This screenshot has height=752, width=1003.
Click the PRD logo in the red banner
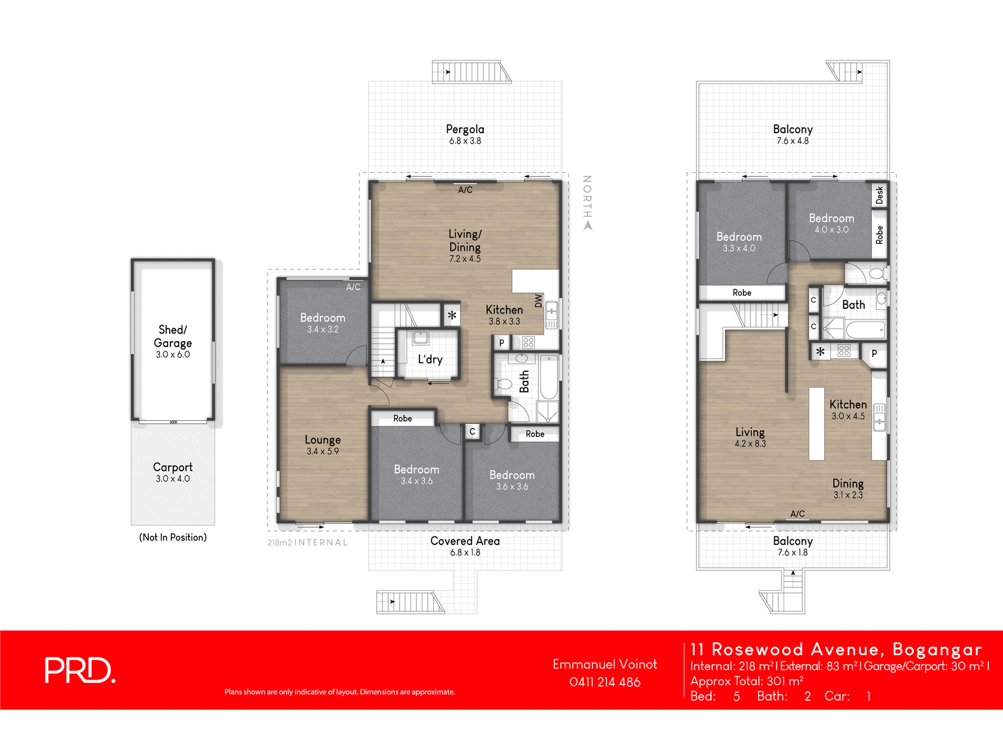[79, 670]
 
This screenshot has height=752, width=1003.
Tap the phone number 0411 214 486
[604, 682]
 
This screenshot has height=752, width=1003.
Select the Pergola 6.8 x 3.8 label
[465, 134]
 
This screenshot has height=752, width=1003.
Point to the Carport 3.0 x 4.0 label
[173, 472]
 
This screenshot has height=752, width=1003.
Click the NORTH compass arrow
[588, 226]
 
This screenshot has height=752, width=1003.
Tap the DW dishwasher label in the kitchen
[539, 300]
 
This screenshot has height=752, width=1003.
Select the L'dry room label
[430, 359]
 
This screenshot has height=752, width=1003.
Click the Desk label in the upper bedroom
[880, 195]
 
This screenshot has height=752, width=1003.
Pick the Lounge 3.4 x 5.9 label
[323, 445]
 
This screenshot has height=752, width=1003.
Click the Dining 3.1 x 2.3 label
[848, 488]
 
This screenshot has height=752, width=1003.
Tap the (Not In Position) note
[173, 537]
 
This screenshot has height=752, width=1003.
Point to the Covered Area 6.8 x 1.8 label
[465, 546]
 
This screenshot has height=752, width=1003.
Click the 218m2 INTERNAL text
[307, 543]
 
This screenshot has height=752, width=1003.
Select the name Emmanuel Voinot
[604, 664]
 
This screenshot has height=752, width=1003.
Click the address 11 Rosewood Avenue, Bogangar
[836, 649]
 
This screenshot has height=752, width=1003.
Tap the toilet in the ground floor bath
[504, 384]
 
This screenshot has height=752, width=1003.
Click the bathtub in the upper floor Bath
[865, 330]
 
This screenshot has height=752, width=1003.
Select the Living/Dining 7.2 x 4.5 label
[465, 245]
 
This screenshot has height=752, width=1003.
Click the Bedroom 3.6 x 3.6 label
[512, 480]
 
